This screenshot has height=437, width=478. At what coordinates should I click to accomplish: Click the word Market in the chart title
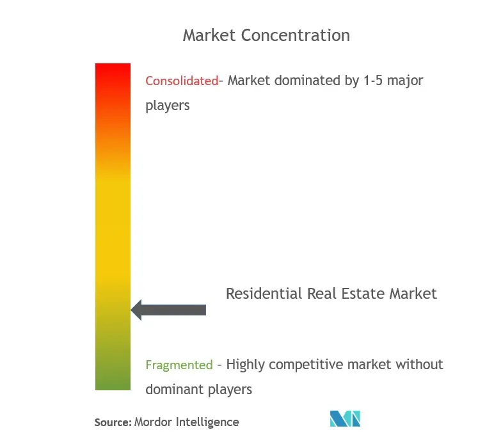pyautogui.click(x=209, y=35)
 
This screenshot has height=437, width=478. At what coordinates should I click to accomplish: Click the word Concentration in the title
pyautogui.click(x=296, y=35)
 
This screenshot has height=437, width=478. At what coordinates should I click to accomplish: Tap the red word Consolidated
pyautogui.click(x=182, y=81)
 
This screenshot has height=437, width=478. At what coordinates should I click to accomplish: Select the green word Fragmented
pyautogui.click(x=179, y=365)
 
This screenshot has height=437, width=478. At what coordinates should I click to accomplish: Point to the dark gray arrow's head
pyautogui.click(x=136, y=310)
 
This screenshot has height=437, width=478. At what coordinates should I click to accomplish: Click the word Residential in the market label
pyautogui.click(x=264, y=294)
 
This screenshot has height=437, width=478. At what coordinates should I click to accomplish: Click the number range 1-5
pyautogui.click(x=373, y=81)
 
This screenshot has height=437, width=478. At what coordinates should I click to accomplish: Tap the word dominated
pyautogui.click(x=306, y=81)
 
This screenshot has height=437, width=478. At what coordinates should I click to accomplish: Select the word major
pyautogui.click(x=405, y=81)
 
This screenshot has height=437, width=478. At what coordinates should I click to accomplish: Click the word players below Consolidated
pyautogui.click(x=168, y=106)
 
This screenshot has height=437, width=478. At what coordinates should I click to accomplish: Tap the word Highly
pyautogui.click(x=245, y=365)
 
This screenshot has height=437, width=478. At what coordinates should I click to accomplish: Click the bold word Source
pyautogui.click(x=113, y=422)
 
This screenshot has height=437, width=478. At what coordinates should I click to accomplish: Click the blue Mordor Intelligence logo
pyautogui.click(x=345, y=418)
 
